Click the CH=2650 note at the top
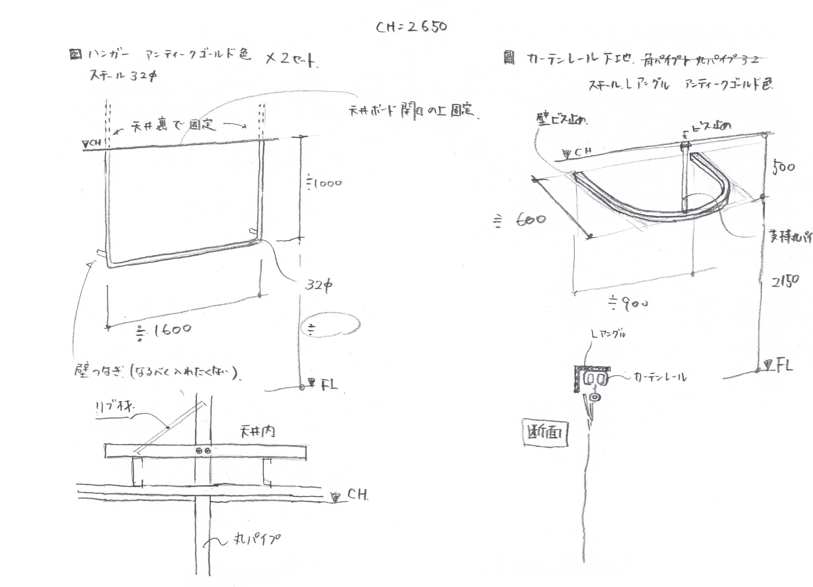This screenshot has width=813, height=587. (412, 27)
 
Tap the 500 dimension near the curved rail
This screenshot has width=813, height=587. (783, 167)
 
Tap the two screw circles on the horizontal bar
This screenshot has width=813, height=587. (203, 450)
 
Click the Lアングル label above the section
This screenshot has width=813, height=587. (608, 334)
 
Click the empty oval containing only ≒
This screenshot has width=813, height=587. (330, 325)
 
